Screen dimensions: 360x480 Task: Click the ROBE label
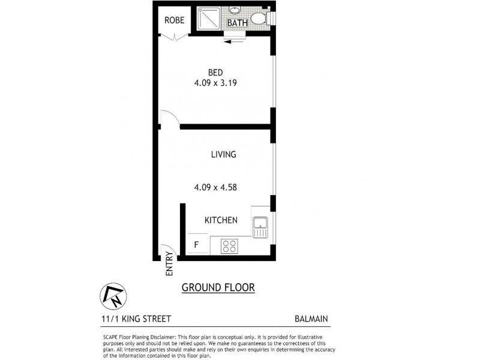(175, 20)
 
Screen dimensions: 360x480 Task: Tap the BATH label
(236, 23)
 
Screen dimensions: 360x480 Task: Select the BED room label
(215, 73)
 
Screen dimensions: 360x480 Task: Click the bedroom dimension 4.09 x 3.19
(215, 84)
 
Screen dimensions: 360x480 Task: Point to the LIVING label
(223, 154)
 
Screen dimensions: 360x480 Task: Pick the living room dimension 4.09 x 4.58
(215, 187)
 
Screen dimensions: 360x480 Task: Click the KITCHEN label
(221, 220)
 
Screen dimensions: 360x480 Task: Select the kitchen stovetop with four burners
(229, 245)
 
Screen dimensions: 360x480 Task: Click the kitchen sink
(262, 227)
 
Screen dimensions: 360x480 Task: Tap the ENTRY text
(169, 266)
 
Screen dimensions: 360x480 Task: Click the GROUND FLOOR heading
(218, 288)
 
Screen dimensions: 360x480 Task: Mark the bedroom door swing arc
(169, 119)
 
